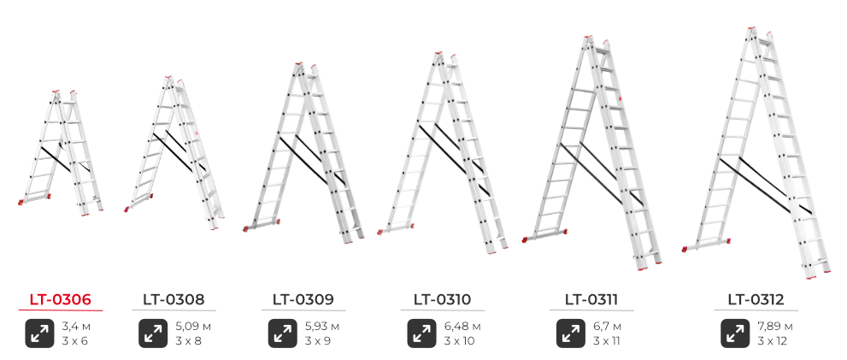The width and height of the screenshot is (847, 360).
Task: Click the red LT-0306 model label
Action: (x=61, y=299)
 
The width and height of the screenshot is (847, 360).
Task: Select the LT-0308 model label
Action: (x=174, y=299)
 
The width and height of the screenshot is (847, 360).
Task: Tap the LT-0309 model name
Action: (x=303, y=299)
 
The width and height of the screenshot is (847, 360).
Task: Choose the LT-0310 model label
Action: (x=443, y=299)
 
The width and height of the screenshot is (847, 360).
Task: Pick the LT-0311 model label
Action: (x=591, y=299)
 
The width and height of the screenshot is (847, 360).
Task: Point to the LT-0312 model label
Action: (x=756, y=299)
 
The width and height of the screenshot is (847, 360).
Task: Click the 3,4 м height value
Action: (x=75, y=327)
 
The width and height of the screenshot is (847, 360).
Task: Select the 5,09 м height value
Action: (x=193, y=327)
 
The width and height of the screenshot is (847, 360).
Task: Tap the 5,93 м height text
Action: (x=322, y=327)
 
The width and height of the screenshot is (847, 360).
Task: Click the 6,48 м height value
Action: (x=462, y=327)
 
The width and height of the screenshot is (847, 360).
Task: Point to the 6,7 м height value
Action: (x=607, y=327)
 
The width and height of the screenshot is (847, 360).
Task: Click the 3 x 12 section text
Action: (x=773, y=341)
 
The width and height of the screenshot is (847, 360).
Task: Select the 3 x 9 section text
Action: (x=318, y=341)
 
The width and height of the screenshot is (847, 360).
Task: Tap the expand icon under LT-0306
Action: (x=39, y=333)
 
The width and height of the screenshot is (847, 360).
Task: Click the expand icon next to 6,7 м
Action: (x=570, y=333)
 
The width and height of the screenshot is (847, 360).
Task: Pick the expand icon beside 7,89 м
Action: (x=735, y=333)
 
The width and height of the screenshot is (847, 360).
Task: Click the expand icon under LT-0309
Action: (x=283, y=333)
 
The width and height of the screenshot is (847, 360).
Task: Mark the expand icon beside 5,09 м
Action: (x=153, y=333)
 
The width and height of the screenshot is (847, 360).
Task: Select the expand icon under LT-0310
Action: (x=421, y=333)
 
